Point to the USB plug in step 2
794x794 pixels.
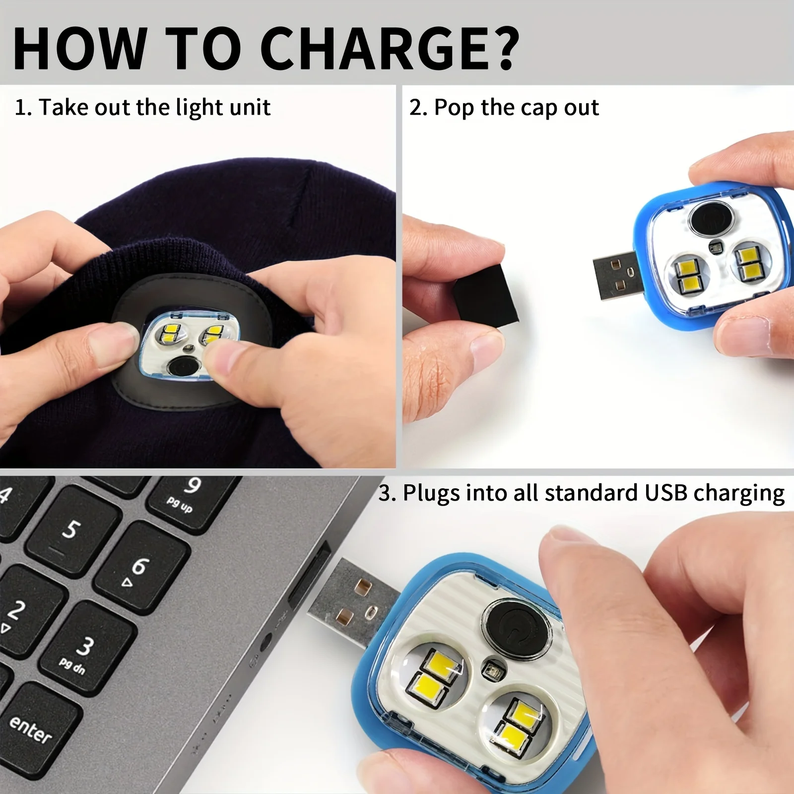click(618, 276)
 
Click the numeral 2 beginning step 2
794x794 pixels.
click(415, 108)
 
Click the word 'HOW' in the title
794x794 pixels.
click(79, 48)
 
